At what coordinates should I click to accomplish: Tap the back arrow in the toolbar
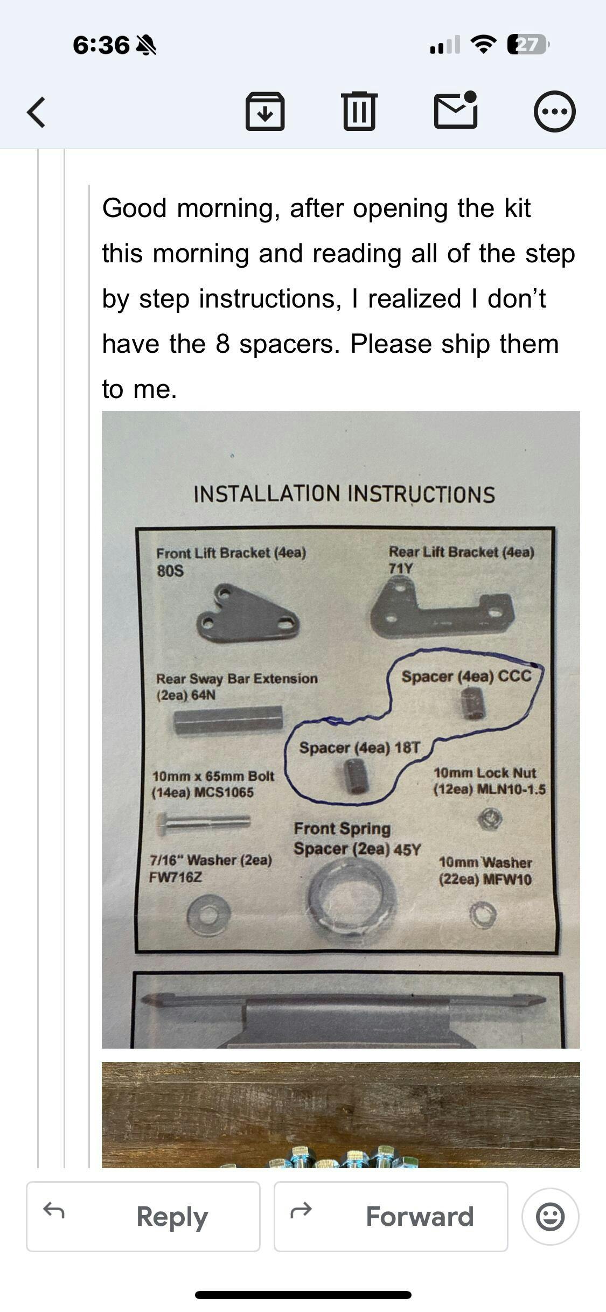click(36, 112)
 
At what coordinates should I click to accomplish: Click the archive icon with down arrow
click(265, 111)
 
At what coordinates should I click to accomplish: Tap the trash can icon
click(359, 111)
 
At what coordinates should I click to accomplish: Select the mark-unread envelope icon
click(456, 110)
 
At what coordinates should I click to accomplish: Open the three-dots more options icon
click(554, 112)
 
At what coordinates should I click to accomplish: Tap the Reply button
click(143, 1217)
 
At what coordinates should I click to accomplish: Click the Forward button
click(391, 1217)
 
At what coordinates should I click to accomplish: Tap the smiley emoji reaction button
click(551, 1217)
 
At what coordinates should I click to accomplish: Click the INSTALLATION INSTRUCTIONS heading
click(344, 494)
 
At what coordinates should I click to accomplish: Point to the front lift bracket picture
click(248, 613)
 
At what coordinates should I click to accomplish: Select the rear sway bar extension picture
click(228, 720)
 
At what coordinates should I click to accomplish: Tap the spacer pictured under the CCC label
click(473, 703)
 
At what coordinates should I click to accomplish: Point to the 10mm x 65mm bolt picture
click(203, 822)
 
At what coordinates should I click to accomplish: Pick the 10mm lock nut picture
click(490, 819)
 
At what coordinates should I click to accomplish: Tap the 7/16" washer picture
click(209, 914)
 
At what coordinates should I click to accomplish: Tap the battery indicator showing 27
click(528, 45)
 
